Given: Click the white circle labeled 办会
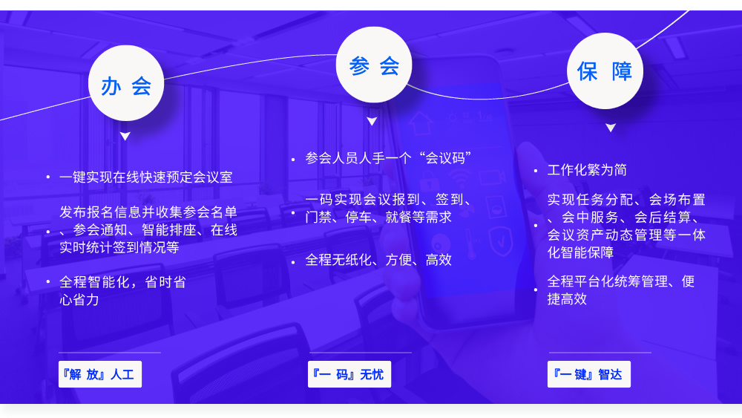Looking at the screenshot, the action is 126,83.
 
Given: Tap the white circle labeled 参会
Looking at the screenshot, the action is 374,65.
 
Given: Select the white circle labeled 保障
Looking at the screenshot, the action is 605,71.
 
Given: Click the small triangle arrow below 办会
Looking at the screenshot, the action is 125,137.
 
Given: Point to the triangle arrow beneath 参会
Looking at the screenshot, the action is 372,121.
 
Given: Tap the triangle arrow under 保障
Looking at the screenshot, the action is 611,128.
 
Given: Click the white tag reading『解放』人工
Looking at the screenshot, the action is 100,374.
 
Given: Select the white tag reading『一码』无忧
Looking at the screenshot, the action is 349,374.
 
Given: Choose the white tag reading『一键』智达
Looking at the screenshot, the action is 588,374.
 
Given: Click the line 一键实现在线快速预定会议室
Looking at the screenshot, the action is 145,177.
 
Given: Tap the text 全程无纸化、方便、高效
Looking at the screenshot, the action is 378,260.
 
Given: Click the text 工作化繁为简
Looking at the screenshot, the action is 587,170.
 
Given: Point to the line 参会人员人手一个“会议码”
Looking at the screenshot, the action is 388,158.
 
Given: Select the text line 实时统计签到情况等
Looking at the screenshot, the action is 119,247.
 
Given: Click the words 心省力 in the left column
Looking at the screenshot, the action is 79,300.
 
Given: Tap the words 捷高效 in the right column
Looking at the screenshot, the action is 567,298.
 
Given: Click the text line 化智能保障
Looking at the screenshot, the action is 580,252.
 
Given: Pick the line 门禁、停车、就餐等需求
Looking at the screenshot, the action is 378,217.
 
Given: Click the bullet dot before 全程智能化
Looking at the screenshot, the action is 48,281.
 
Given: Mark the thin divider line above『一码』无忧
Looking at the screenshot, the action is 361,352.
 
